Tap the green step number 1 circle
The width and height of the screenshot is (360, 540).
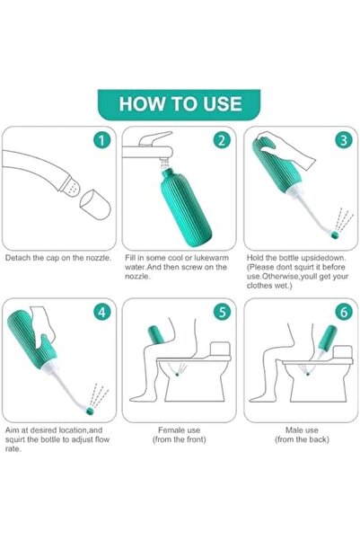(102, 140)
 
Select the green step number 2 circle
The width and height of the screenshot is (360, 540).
(220, 140)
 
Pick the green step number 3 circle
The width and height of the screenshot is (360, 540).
(342, 140)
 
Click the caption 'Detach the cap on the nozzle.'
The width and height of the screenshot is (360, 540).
(58, 258)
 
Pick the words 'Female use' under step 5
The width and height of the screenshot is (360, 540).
(180, 429)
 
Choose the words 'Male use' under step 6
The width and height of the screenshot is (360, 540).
(301, 429)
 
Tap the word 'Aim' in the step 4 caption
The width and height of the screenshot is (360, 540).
(12, 430)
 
